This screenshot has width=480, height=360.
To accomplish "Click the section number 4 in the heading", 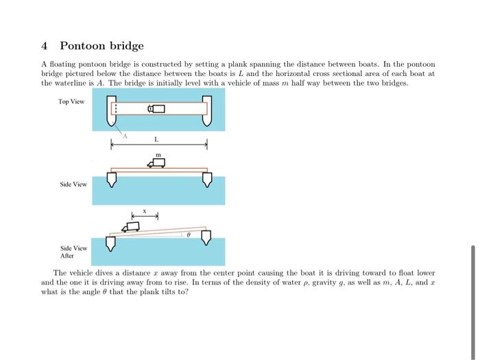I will pos(45,46).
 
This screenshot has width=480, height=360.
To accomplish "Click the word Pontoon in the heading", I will pos(82,46).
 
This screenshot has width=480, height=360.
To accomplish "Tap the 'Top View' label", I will pos(71,101).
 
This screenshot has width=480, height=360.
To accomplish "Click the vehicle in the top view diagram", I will pos(157,108).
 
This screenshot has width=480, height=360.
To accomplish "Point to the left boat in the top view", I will pos(113,110).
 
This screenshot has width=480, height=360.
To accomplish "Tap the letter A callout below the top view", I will pos(125,137).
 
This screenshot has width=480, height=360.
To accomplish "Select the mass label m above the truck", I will pos(158,155).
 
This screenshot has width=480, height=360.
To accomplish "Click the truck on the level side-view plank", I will pos(157,163).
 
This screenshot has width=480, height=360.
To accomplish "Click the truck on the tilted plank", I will pos(130,226).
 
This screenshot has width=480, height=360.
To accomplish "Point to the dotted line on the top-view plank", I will pos(117,108).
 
